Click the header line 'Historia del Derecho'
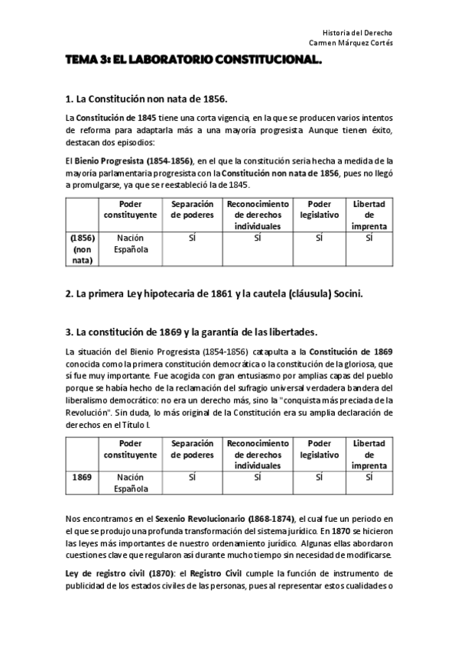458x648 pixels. pos(358,33)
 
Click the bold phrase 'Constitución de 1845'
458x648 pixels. pos(116,118)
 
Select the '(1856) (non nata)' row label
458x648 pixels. pos(82,248)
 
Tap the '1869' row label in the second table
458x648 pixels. pos(82,477)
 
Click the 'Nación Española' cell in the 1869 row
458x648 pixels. pos(131,482)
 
